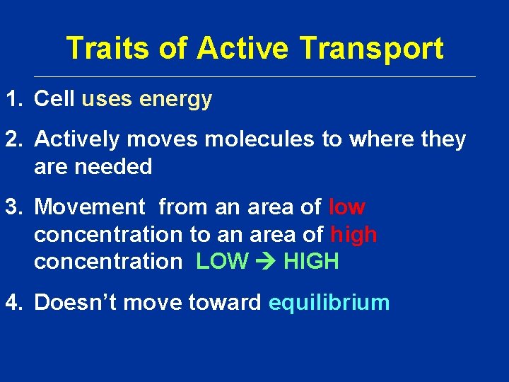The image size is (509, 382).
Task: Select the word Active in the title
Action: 242,49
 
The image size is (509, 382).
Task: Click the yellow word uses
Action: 107,100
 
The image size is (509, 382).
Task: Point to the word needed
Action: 117,167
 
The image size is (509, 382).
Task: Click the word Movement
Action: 89,207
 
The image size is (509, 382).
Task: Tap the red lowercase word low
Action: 347,207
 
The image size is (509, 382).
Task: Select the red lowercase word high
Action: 353,235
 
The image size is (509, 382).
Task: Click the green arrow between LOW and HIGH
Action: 266,262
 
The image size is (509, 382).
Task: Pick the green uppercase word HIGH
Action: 311,262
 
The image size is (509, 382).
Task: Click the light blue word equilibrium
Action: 329,303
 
